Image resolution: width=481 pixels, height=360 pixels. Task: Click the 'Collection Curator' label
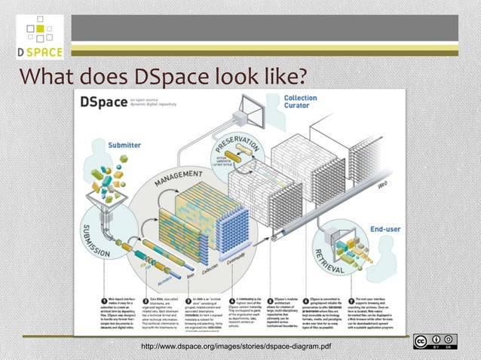[300, 102]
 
